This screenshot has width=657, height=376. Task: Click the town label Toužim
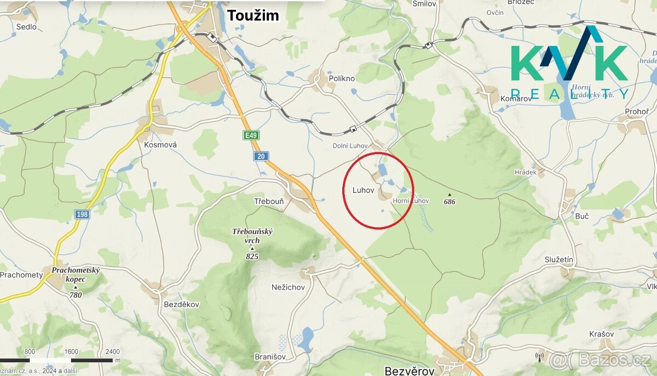253,15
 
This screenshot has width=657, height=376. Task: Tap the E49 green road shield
251,135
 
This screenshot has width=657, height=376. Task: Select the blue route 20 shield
261,157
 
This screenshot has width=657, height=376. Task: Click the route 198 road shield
82,214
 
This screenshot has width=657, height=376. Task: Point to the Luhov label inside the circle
364,190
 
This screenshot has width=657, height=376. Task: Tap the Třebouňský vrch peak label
252,236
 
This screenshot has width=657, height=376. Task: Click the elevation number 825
252,256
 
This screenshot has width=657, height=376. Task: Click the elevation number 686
450,202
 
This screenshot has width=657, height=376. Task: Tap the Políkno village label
342,78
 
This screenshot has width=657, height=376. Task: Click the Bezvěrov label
410,371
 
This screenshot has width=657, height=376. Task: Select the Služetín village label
559,259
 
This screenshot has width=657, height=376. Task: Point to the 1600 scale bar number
71,352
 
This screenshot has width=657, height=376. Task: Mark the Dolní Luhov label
350,146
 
